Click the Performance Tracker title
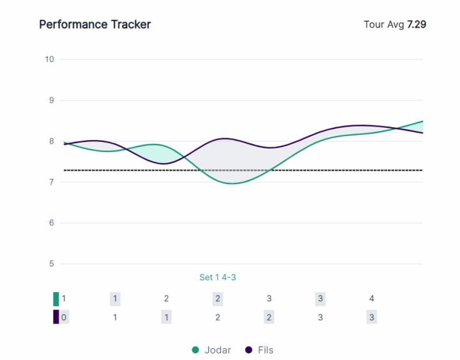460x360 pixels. [95, 24]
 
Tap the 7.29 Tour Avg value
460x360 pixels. [417, 24]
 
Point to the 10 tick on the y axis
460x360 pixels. [49, 59]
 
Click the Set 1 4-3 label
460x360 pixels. [218, 278]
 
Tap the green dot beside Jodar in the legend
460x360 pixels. [196, 350]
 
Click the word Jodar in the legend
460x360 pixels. [218, 350]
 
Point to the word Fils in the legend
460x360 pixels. [266, 350]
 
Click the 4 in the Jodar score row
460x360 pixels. [371, 299]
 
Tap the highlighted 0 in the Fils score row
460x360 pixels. [64, 317]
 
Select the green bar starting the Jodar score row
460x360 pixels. [56, 299]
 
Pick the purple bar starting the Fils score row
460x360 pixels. [56, 317]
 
